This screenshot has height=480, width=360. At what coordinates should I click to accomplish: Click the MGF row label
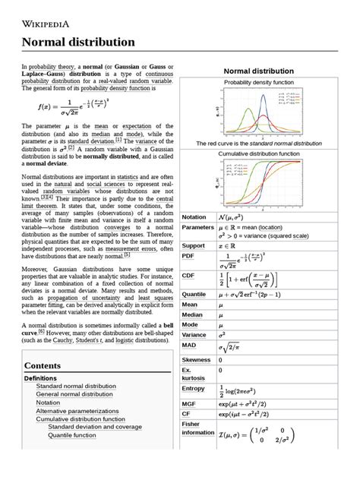191,406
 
